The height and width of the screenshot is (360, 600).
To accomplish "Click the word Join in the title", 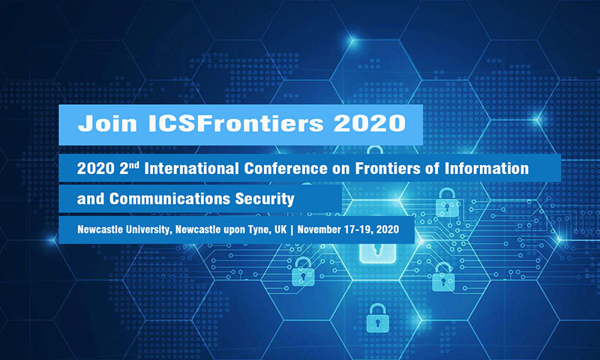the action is pos(107,123).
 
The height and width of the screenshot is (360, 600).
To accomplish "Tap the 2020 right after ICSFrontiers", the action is pos(370,123).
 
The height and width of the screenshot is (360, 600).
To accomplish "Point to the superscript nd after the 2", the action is pos(134,165).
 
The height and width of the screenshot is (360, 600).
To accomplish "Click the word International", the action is pos(192,168).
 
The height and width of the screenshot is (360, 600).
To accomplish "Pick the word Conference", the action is pos(286,168).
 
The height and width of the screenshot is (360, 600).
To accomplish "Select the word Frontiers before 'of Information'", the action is pos(388,168).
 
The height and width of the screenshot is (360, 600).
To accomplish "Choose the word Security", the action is pos(265,199).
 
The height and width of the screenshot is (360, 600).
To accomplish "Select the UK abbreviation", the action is pos(280,229).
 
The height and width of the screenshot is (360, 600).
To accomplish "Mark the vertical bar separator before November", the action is pos(292,229).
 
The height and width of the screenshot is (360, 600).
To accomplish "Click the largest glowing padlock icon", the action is pos(378,244).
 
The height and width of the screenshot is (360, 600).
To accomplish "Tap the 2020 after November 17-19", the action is pos(388,229).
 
